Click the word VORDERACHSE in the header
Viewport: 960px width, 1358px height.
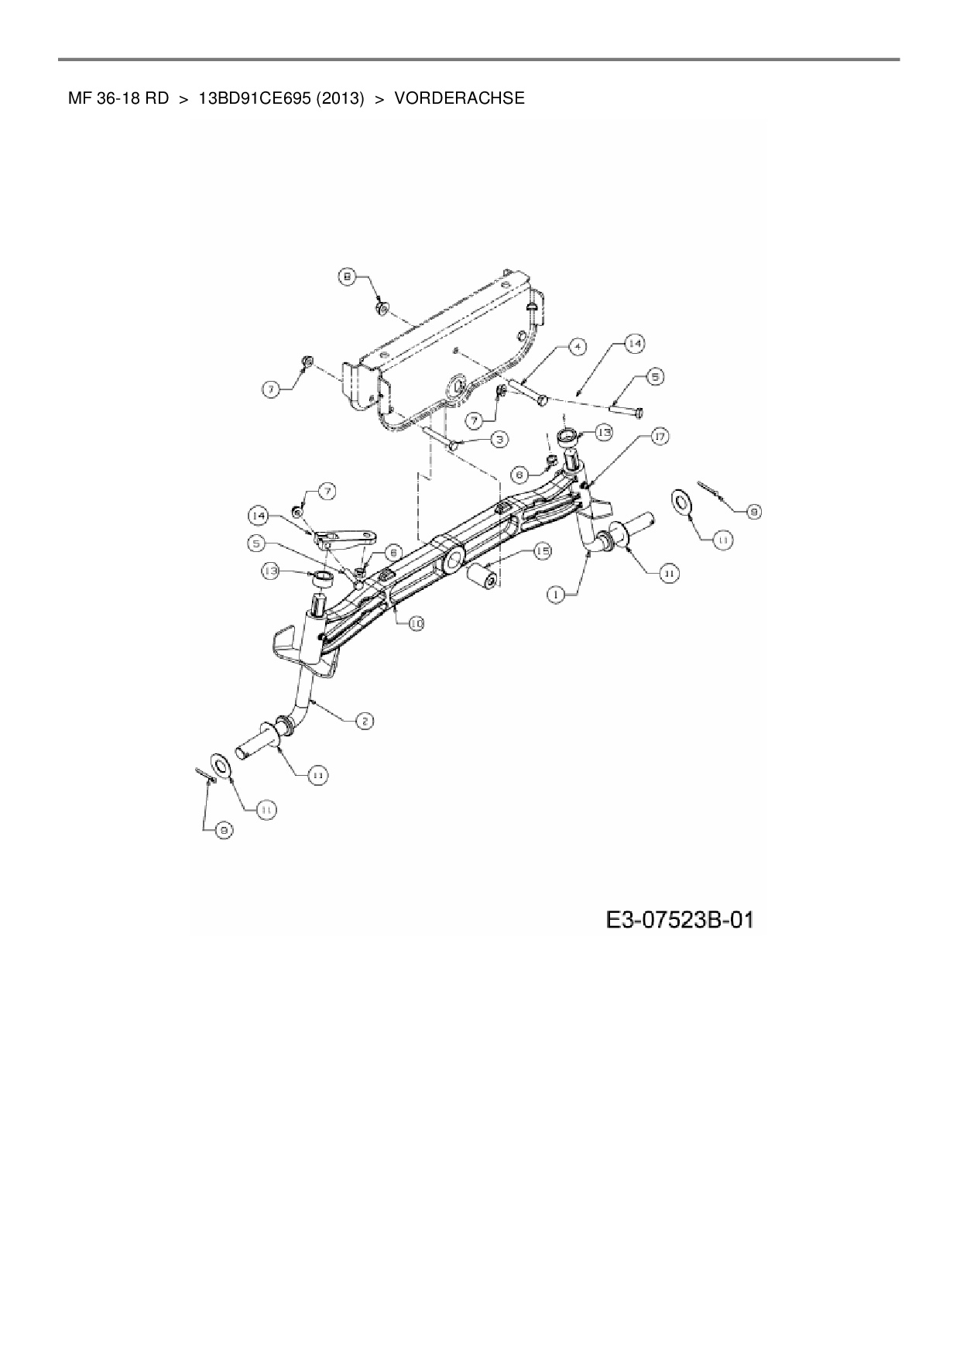click(459, 98)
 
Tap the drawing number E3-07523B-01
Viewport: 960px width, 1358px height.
click(680, 920)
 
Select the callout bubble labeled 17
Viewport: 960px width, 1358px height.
click(660, 437)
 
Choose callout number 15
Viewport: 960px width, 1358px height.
click(542, 551)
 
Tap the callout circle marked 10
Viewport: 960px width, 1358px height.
click(417, 623)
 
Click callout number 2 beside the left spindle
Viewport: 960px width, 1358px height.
click(364, 721)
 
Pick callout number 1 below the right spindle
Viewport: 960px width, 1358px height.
click(555, 595)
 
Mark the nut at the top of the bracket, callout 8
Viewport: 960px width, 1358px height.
click(382, 309)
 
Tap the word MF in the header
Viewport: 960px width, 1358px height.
click(76, 98)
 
